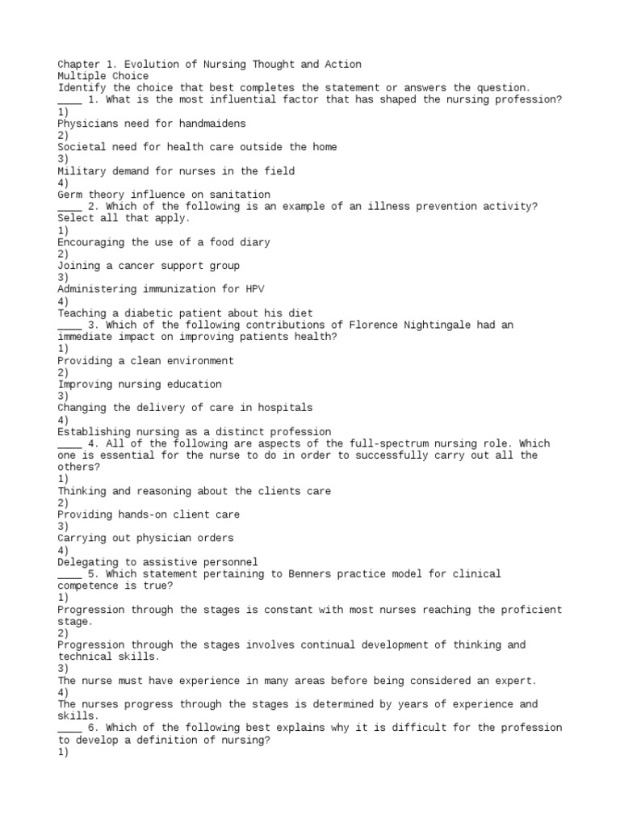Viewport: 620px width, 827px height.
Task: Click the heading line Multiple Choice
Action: point(103,76)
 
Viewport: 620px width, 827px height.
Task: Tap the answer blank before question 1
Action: point(69,99)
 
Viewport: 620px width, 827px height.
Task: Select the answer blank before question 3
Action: point(69,325)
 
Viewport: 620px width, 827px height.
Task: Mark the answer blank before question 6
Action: point(69,728)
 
